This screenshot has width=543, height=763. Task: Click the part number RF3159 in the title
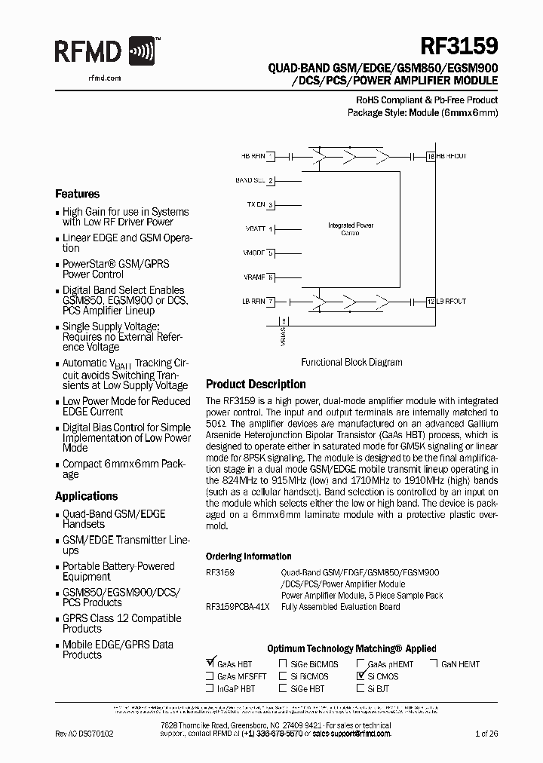[461, 46]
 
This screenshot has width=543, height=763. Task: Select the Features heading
[77, 194]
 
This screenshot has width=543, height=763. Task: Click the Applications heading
[86, 496]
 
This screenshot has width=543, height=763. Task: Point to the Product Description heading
[256, 385]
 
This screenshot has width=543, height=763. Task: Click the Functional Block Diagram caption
[351, 362]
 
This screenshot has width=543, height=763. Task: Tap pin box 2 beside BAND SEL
[270, 181]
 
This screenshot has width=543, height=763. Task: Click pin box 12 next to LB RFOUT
[431, 302]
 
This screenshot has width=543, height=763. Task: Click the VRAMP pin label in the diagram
[254, 277]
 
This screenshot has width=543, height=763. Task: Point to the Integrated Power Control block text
[350, 229]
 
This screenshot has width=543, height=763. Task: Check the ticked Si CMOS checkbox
[361, 676]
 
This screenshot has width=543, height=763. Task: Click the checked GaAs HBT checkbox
[210, 663]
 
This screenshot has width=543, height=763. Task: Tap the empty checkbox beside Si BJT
[361, 688]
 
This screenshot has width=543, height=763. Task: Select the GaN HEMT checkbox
[434, 664]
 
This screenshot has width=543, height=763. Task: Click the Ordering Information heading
[248, 556]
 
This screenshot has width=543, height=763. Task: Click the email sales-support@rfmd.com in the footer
[351, 733]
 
